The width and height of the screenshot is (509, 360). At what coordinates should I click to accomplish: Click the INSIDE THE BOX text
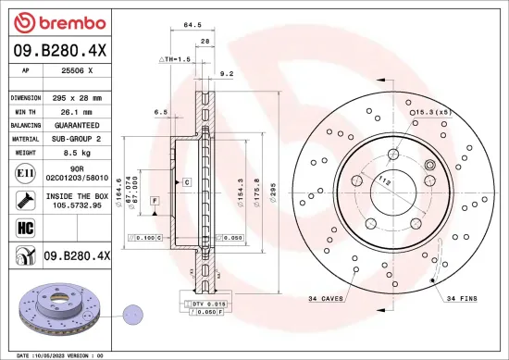coord(76,195)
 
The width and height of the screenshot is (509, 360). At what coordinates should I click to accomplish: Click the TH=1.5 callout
coord(176,58)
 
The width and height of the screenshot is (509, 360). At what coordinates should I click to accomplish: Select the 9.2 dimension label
coord(227,71)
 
